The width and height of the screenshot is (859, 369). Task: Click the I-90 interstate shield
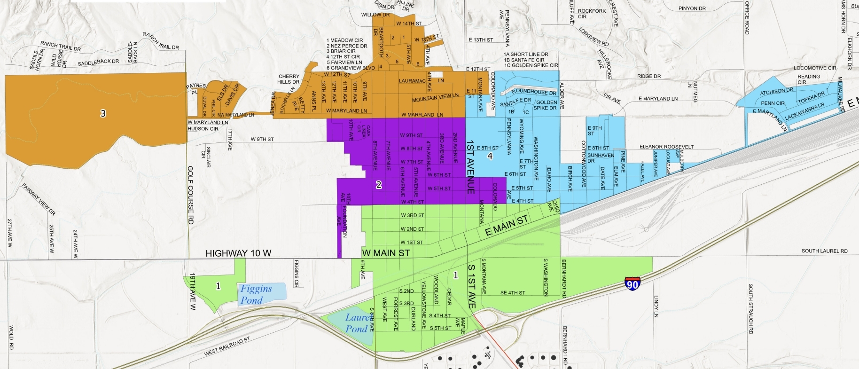click(632, 284)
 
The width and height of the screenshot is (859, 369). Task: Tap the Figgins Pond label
click(256, 294)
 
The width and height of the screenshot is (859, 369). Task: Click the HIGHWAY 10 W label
click(238, 253)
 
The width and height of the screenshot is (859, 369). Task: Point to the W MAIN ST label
click(386, 253)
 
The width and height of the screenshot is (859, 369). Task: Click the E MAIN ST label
click(507, 225)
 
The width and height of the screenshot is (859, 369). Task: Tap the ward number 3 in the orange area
click(103, 113)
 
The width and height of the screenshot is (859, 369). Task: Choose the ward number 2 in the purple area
click(379, 185)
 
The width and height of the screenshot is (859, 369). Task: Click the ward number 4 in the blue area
click(490, 156)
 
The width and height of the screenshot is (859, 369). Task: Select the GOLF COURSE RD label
click(190, 195)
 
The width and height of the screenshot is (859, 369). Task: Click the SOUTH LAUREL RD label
click(824, 251)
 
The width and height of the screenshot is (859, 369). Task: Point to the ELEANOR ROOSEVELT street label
click(666, 147)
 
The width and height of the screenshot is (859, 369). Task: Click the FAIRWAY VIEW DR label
click(39, 199)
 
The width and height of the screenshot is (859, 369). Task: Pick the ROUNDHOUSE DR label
click(533, 92)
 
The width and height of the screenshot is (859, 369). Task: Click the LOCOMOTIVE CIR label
click(815, 68)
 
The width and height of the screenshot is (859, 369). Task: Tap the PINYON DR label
click(692, 8)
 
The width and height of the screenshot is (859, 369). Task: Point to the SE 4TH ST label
click(513, 293)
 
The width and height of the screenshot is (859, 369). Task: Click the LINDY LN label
click(656, 306)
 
